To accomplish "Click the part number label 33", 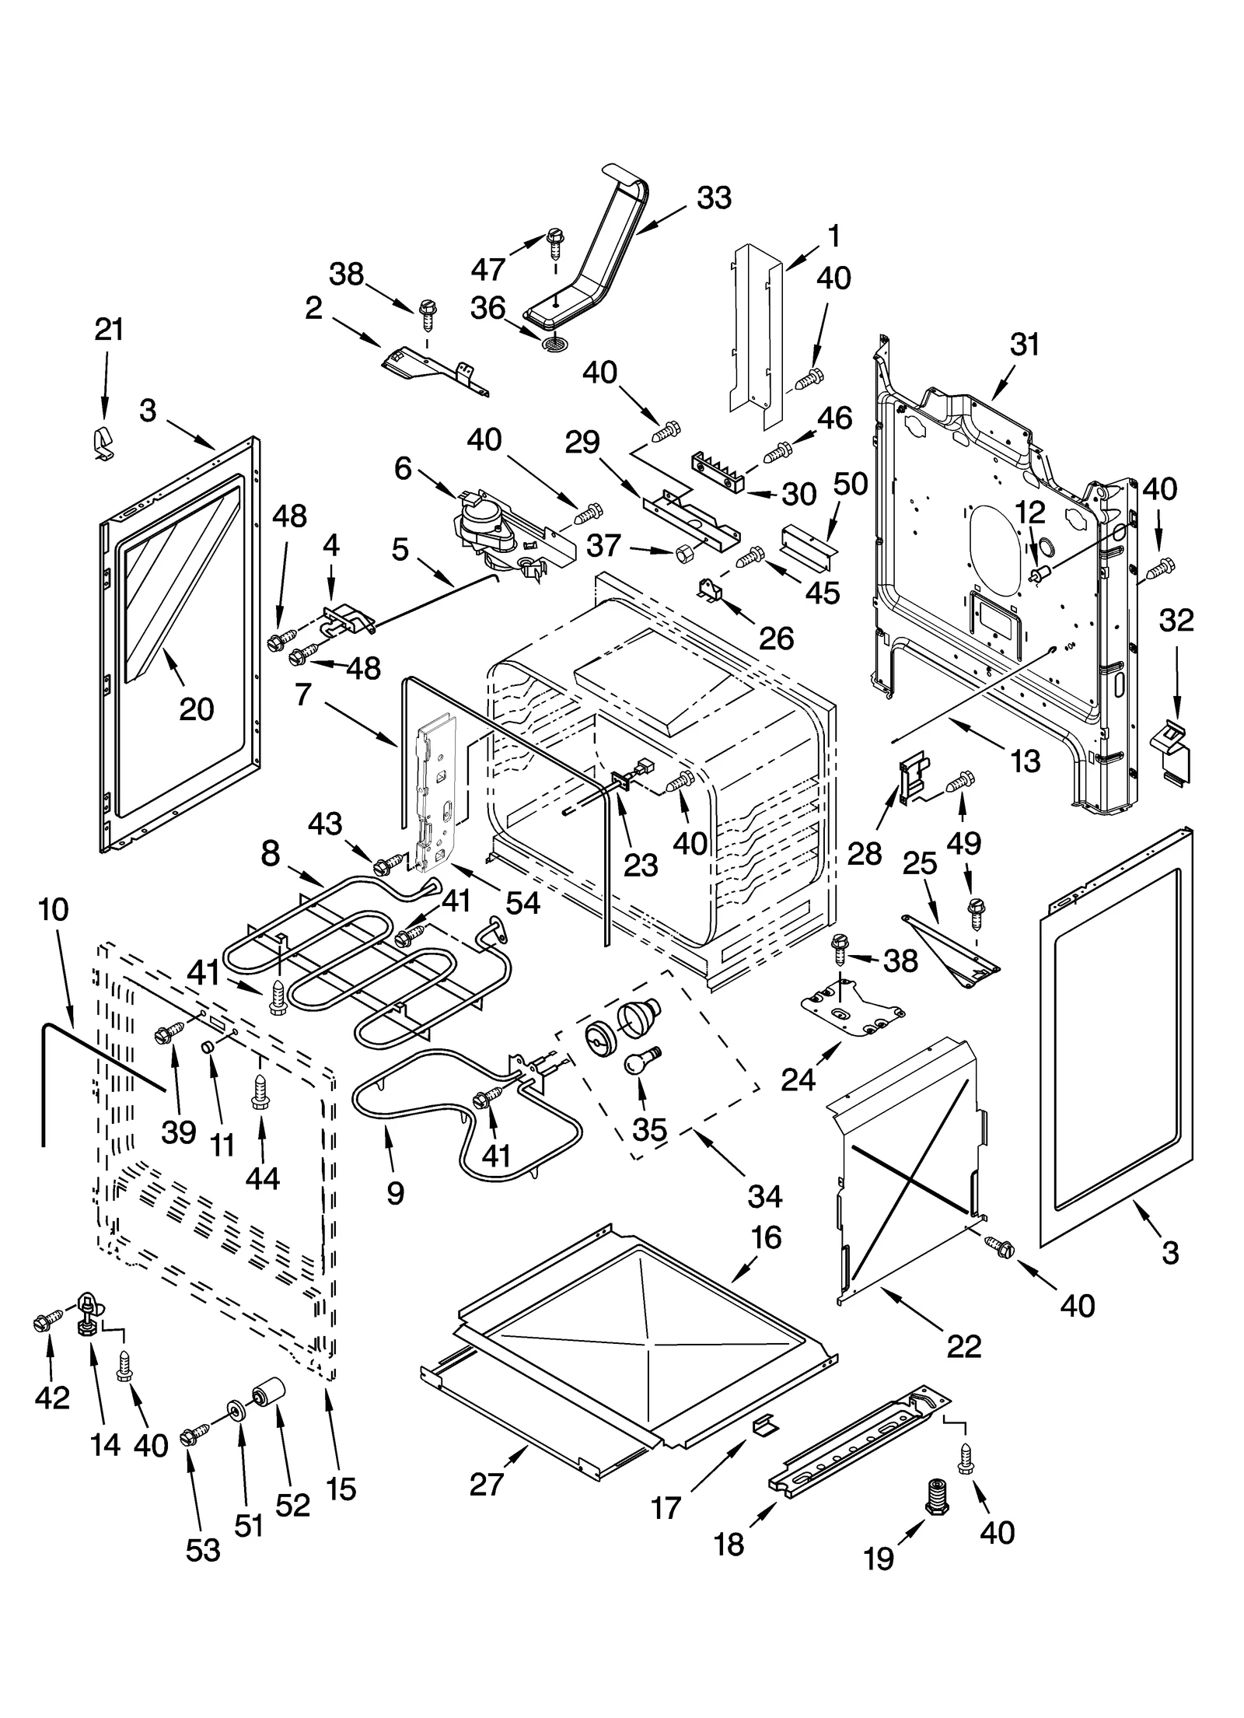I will click(713, 198).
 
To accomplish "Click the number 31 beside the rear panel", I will click(1023, 345).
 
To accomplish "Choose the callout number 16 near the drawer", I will click(766, 1237).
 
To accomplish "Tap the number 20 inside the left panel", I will click(196, 709).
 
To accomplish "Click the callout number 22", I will click(963, 1345).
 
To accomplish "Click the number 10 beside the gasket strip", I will click(53, 909).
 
